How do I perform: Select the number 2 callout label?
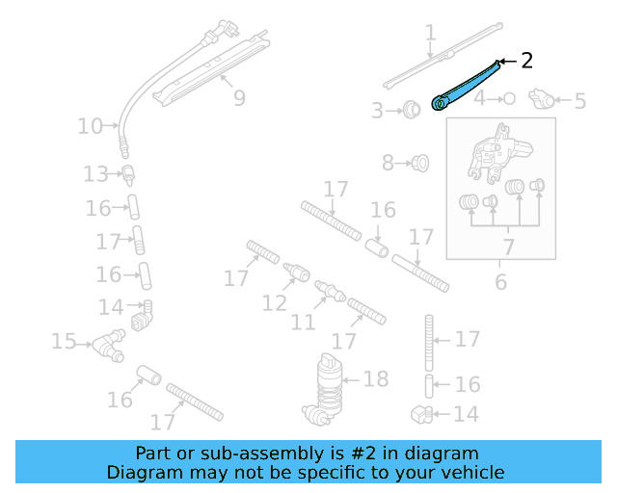click(x=526, y=61)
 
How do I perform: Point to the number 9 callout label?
click(x=239, y=97)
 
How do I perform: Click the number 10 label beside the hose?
click(x=90, y=125)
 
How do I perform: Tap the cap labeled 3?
click(x=412, y=109)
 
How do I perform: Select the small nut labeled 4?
click(x=509, y=98)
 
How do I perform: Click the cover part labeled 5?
click(x=547, y=98)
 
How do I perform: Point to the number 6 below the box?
click(x=500, y=281)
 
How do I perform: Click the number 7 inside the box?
click(x=508, y=246)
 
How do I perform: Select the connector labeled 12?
click(x=297, y=272)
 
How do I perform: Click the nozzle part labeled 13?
click(x=126, y=174)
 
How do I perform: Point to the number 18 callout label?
click(x=375, y=378)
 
